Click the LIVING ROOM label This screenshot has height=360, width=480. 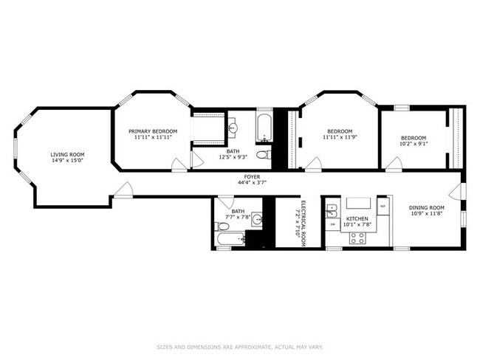(67, 155)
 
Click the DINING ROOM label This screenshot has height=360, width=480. (428, 208)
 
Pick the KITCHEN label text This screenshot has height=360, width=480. (357, 219)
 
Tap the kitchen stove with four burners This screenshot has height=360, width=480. (358, 238)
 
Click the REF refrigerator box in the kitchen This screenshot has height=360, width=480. (382, 204)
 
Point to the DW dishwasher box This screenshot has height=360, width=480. (332, 224)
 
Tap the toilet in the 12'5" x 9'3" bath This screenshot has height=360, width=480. (263, 155)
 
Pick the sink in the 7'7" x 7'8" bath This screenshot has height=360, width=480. (256, 219)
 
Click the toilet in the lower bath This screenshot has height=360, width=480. (241, 238)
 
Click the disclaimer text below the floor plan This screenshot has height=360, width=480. (240, 346)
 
